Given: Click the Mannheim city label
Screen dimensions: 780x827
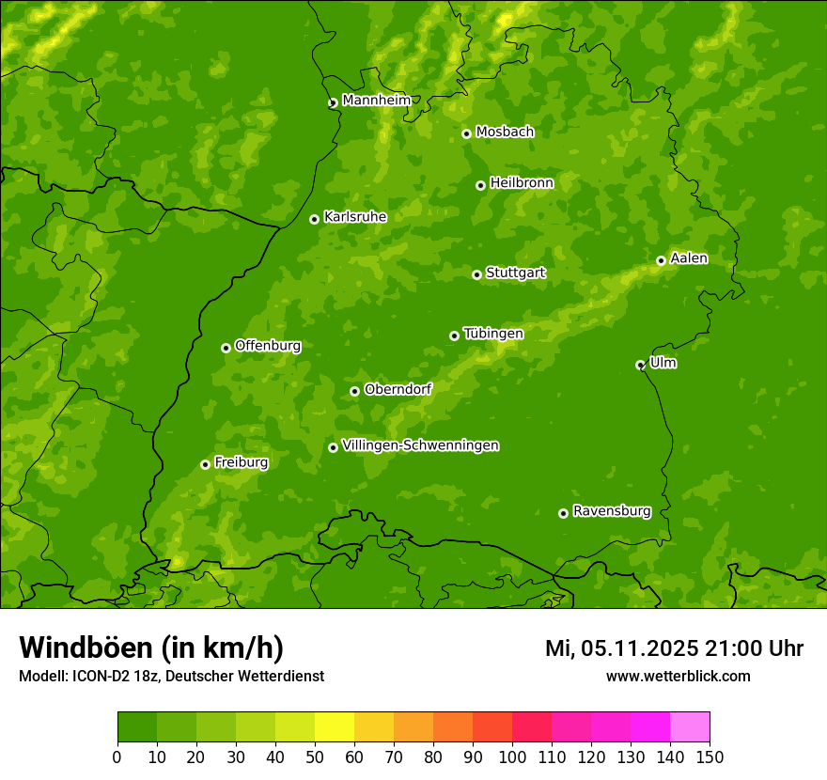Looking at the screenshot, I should coord(376,101).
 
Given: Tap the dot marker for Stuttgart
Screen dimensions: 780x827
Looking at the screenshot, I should coord(476,274).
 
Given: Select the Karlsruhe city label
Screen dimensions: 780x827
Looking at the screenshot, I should coord(354,217).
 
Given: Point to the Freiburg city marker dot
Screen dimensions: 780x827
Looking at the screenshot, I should coord(205,464).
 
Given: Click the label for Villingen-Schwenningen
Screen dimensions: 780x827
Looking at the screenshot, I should coord(420,445).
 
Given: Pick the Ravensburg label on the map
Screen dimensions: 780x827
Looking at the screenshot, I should coord(611,511).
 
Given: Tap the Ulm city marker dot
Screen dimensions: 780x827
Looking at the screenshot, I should coord(640,365).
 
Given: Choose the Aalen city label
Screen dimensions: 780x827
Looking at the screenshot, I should coord(689,258).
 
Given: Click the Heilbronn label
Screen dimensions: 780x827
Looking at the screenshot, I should coord(522,183).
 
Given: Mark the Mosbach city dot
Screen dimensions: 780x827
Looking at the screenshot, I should coord(466,133).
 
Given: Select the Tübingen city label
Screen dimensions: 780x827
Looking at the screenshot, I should coord(493,334).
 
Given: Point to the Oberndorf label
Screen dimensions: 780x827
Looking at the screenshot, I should coord(398,389).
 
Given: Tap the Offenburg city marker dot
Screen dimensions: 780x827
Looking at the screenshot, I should coord(226,348).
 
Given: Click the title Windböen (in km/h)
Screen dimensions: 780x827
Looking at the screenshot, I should coord(151,647).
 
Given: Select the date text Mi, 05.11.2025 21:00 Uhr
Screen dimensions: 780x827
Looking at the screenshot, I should coord(674,648).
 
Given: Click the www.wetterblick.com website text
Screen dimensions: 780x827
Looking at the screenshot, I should coord(678,676).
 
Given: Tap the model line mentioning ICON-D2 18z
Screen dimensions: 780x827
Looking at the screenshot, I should coord(171,676).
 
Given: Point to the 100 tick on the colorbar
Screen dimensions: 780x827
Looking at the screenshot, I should coord(512,757).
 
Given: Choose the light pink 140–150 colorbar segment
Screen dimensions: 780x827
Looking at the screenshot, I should coord(690,727).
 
